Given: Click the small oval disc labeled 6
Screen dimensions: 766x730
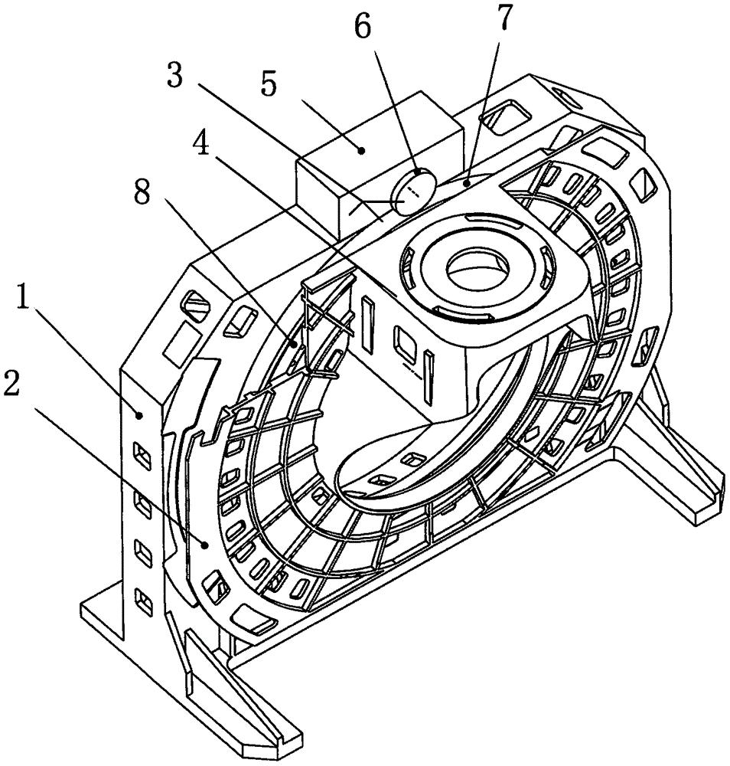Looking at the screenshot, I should coord(414,190).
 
